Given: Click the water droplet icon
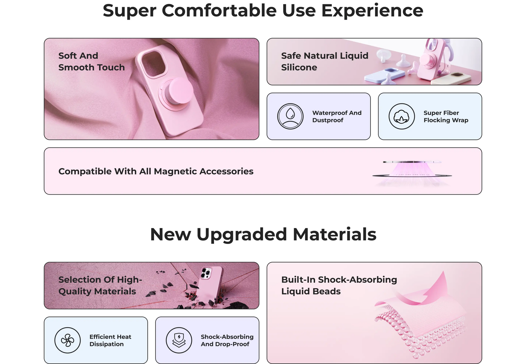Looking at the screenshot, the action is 290,116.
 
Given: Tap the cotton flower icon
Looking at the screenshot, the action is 402,116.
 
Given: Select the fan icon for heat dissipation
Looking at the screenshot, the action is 68,340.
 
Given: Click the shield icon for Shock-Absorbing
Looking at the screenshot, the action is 179,340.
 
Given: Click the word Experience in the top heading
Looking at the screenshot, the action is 372,11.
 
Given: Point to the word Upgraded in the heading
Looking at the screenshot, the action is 241,235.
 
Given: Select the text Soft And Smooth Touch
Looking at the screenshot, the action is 92,61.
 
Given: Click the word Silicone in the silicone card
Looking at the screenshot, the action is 299,67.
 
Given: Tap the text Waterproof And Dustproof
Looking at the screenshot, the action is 337,116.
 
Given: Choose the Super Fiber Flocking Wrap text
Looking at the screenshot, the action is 446,116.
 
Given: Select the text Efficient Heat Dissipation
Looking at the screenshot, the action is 110,340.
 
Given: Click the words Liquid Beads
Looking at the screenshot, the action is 311,292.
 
